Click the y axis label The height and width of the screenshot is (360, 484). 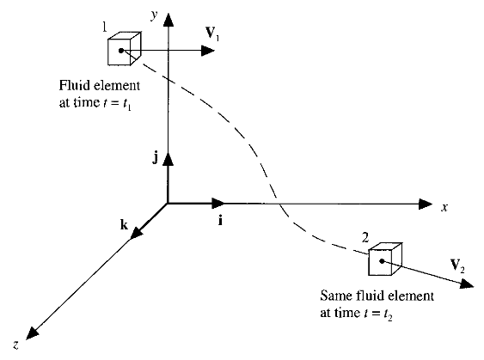[x=155, y=15]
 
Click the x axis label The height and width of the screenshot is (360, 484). [x=444, y=208]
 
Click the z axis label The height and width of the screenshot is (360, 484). [x=15, y=345]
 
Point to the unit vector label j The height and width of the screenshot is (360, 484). [x=156, y=158]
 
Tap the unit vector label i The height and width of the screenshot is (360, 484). [x=220, y=221]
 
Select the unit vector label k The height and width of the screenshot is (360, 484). [x=124, y=224]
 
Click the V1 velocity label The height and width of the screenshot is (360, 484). [x=212, y=33]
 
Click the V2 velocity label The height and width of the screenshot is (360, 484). [x=457, y=265]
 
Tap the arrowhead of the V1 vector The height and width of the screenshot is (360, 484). [x=208, y=51]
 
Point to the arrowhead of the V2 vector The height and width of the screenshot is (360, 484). [x=467, y=284]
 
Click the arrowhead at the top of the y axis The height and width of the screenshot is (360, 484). [x=168, y=20]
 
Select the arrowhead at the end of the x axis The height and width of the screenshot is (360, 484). [x=426, y=204]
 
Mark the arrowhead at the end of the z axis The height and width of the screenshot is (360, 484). [x=32, y=333]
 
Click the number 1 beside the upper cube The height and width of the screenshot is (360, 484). [x=105, y=27]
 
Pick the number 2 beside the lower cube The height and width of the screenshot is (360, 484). [x=365, y=237]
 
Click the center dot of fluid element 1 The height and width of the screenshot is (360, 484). [x=121, y=51]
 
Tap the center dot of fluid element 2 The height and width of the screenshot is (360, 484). [x=382, y=261]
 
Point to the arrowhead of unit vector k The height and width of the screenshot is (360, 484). [x=136, y=232]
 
